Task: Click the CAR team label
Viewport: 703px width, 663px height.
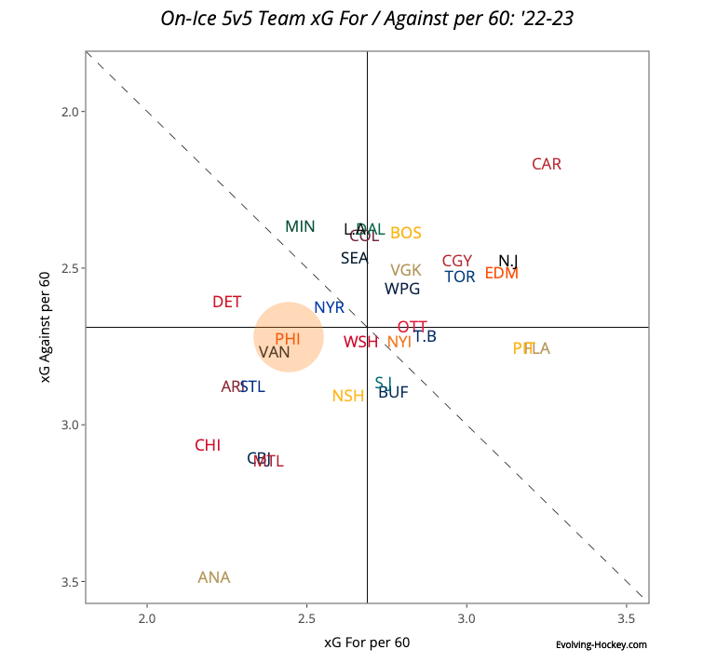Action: pos(547,165)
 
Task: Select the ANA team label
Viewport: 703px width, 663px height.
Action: pos(214,578)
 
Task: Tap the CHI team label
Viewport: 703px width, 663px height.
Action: pos(208,446)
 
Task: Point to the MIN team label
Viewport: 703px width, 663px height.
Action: pos(300,227)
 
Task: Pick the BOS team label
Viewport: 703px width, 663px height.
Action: pos(406,234)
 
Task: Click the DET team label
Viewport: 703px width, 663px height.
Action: pos(227,303)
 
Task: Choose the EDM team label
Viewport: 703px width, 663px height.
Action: pos(502,274)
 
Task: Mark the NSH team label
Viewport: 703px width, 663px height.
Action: pos(348,397)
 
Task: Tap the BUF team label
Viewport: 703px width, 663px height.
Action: pos(393,393)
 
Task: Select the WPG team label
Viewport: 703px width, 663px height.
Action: pos(402,290)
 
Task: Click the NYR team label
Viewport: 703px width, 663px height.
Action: pos(330,308)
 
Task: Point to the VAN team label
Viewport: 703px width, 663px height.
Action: pos(275,353)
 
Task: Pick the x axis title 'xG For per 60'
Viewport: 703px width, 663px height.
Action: pos(367,643)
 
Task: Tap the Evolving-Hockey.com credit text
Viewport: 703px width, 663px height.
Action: pos(601,644)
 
